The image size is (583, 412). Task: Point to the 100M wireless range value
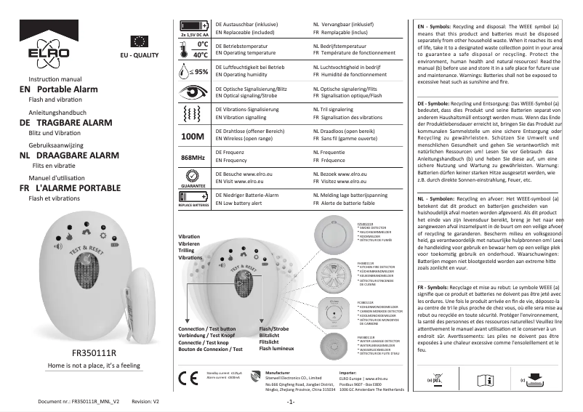click(193, 135)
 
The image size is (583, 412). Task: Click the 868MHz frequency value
click(193, 157)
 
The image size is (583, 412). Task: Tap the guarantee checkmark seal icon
click(193, 177)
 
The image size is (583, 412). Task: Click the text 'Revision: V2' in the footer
click(145, 401)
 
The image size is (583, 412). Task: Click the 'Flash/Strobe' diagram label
click(275, 328)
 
